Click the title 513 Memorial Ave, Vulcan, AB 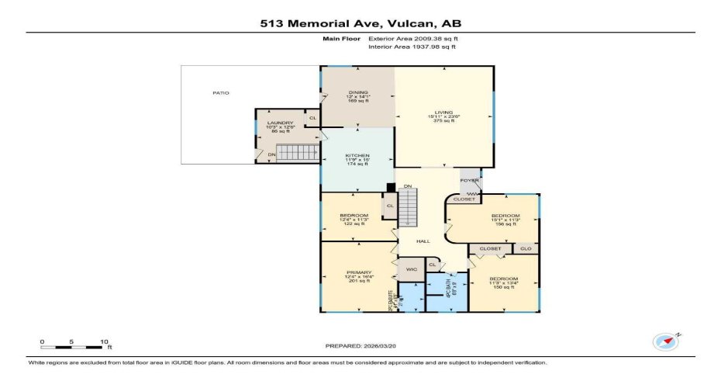360,23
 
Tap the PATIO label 221,93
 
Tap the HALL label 423,241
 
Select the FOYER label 470,181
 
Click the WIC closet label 412,269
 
